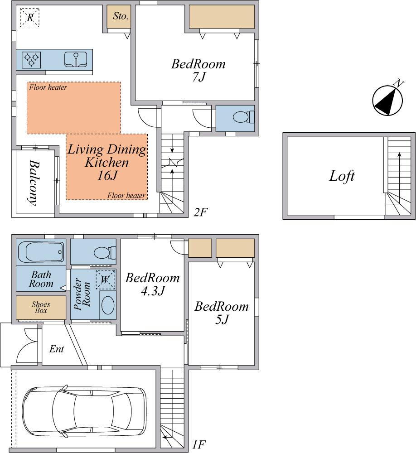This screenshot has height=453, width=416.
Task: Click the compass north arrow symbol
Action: [x=388, y=100]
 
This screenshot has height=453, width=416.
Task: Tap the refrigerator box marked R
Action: [x=30, y=18]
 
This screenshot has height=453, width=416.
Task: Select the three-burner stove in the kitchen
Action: [x=31, y=60]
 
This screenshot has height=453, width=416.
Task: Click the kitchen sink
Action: [x=76, y=59]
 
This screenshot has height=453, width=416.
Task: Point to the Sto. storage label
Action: [x=120, y=16]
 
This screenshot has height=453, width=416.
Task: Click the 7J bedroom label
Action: [x=198, y=70]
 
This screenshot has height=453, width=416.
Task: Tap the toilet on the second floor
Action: [x=243, y=118]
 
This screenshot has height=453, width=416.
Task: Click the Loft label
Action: [x=342, y=176]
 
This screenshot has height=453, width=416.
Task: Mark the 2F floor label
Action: [x=201, y=212]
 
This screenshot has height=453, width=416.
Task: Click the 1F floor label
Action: [x=199, y=444]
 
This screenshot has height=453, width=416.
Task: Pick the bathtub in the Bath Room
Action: [x=41, y=252]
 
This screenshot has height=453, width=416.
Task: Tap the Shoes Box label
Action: [x=41, y=307]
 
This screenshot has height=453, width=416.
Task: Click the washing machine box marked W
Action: [x=105, y=280]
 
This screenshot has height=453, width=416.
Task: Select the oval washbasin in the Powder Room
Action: [x=108, y=305]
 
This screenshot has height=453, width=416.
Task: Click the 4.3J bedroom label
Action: [x=152, y=284]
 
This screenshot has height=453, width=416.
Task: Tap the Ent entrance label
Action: [x=56, y=349]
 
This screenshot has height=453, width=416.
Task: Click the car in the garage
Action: [x=84, y=410]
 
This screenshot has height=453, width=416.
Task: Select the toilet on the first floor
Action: [x=105, y=253]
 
